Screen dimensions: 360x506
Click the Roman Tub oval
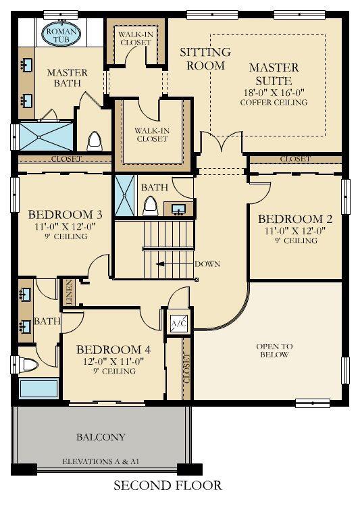click(61, 34)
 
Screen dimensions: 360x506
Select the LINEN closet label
click(69, 293)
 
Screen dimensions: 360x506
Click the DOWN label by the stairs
click(207, 264)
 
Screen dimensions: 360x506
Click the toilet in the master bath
click(95, 141)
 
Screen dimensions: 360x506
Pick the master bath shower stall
click(46, 136)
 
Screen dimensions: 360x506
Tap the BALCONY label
click(101, 437)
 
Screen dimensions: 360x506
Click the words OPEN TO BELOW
click(274, 351)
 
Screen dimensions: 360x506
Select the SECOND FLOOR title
click(168, 486)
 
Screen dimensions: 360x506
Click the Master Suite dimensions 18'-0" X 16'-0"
click(274, 93)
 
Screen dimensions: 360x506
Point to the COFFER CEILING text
click(274, 102)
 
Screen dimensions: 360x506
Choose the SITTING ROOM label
click(205, 59)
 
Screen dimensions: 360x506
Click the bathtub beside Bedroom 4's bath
click(38, 388)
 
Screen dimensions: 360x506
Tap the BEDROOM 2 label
click(295, 219)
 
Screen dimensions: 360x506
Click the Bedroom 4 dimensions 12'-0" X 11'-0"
click(113, 361)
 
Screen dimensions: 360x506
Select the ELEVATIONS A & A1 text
click(101, 461)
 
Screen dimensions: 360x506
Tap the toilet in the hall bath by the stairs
click(151, 207)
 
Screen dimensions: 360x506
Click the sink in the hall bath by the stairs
click(178, 209)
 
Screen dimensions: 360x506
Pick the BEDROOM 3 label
click(65, 214)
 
